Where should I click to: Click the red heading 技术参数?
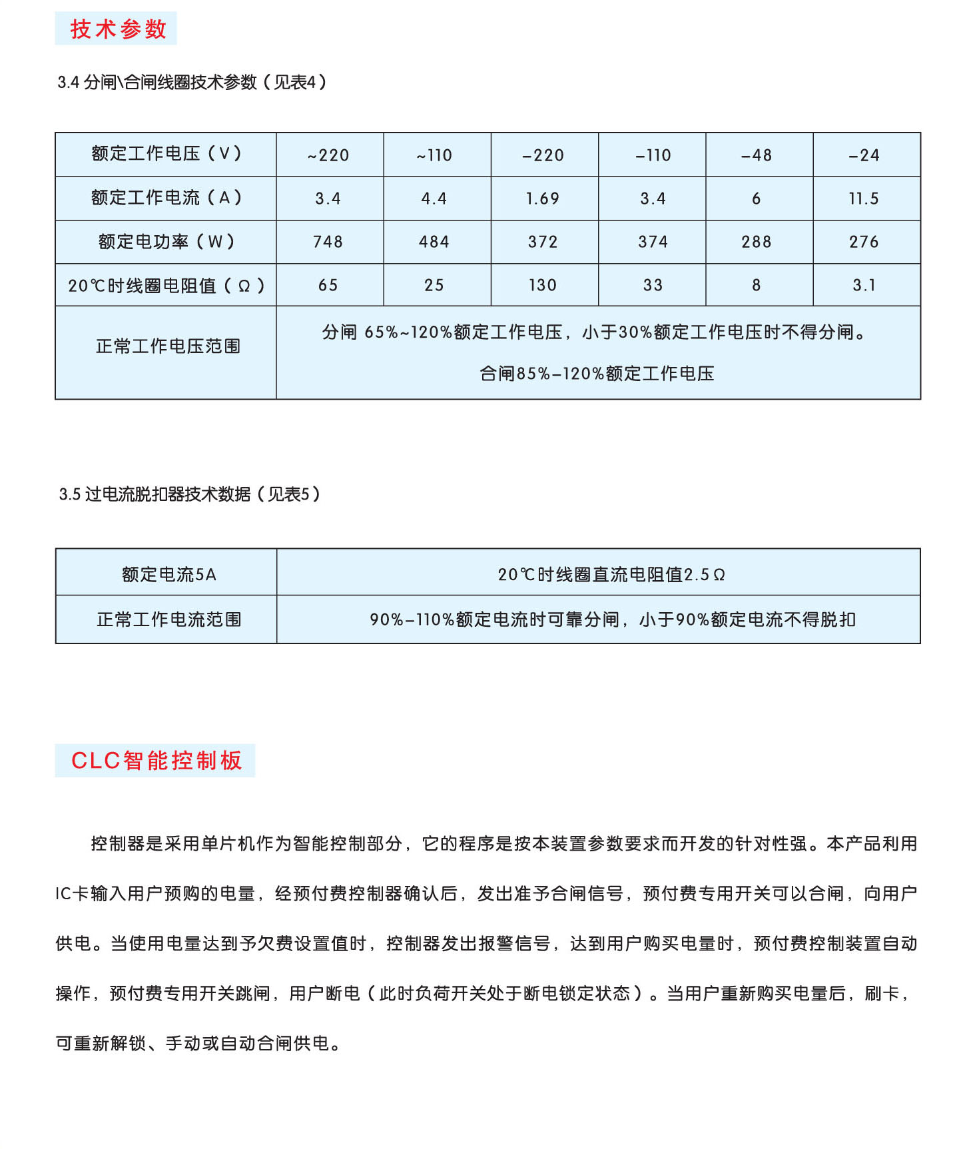(x=117, y=29)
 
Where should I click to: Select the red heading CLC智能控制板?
(x=156, y=761)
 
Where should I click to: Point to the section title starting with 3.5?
(x=190, y=494)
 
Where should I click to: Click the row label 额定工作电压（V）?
(x=166, y=154)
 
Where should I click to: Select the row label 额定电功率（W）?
(x=166, y=242)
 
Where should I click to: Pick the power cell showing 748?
(x=328, y=242)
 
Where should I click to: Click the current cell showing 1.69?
(x=543, y=198)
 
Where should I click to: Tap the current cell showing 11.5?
(x=864, y=198)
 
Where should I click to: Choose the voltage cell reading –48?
(x=757, y=155)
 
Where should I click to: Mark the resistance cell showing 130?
(x=543, y=285)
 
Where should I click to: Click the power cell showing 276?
(x=864, y=242)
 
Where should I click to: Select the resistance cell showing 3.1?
(x=864, y=285)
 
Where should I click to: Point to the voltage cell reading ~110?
(x=434, y=155)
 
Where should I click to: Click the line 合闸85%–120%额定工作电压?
(x=597, y=374)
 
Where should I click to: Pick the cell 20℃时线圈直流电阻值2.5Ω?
(x=611, y=574)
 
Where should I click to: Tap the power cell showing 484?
(x=434, y=242)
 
